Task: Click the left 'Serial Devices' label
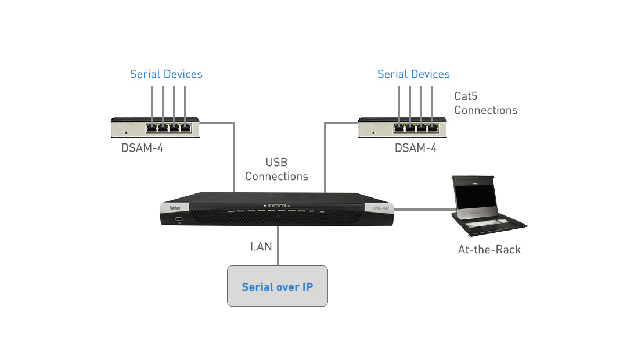[166, 74]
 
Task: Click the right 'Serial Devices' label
[413, 74]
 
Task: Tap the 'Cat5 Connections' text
[485, 103]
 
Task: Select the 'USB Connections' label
[276, 169]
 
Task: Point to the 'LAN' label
[261, 247]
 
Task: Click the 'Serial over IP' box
[277, 286]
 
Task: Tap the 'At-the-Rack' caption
[489, 250]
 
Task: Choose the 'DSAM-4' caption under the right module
[416, 148]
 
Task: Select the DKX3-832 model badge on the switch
[380, 208]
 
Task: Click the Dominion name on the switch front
[276, 204]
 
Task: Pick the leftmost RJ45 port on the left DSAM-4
[152, 127]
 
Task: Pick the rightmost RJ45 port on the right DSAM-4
[433, 127]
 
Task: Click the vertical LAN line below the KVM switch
[278, 247]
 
